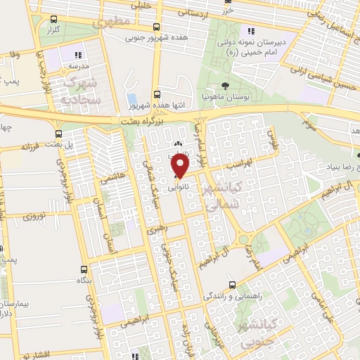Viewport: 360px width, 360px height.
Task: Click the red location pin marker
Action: pyautogui.click(x=181, y=166)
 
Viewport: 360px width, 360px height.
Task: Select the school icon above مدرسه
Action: pyautogui.click(x=79, y=54)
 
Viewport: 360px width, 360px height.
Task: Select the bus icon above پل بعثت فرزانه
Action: pyautogui.click(x=59, y=133)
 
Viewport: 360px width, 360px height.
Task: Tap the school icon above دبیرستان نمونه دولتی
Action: pyautogui.click(x=251, y=30)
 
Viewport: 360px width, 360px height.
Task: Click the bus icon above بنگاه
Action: pyautogui.click(x=84, y=269)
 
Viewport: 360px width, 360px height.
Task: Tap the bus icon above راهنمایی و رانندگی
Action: pyautogui.click(x=231, y=285)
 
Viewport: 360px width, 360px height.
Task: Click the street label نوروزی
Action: pyautogui.click(x=34, y=216)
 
